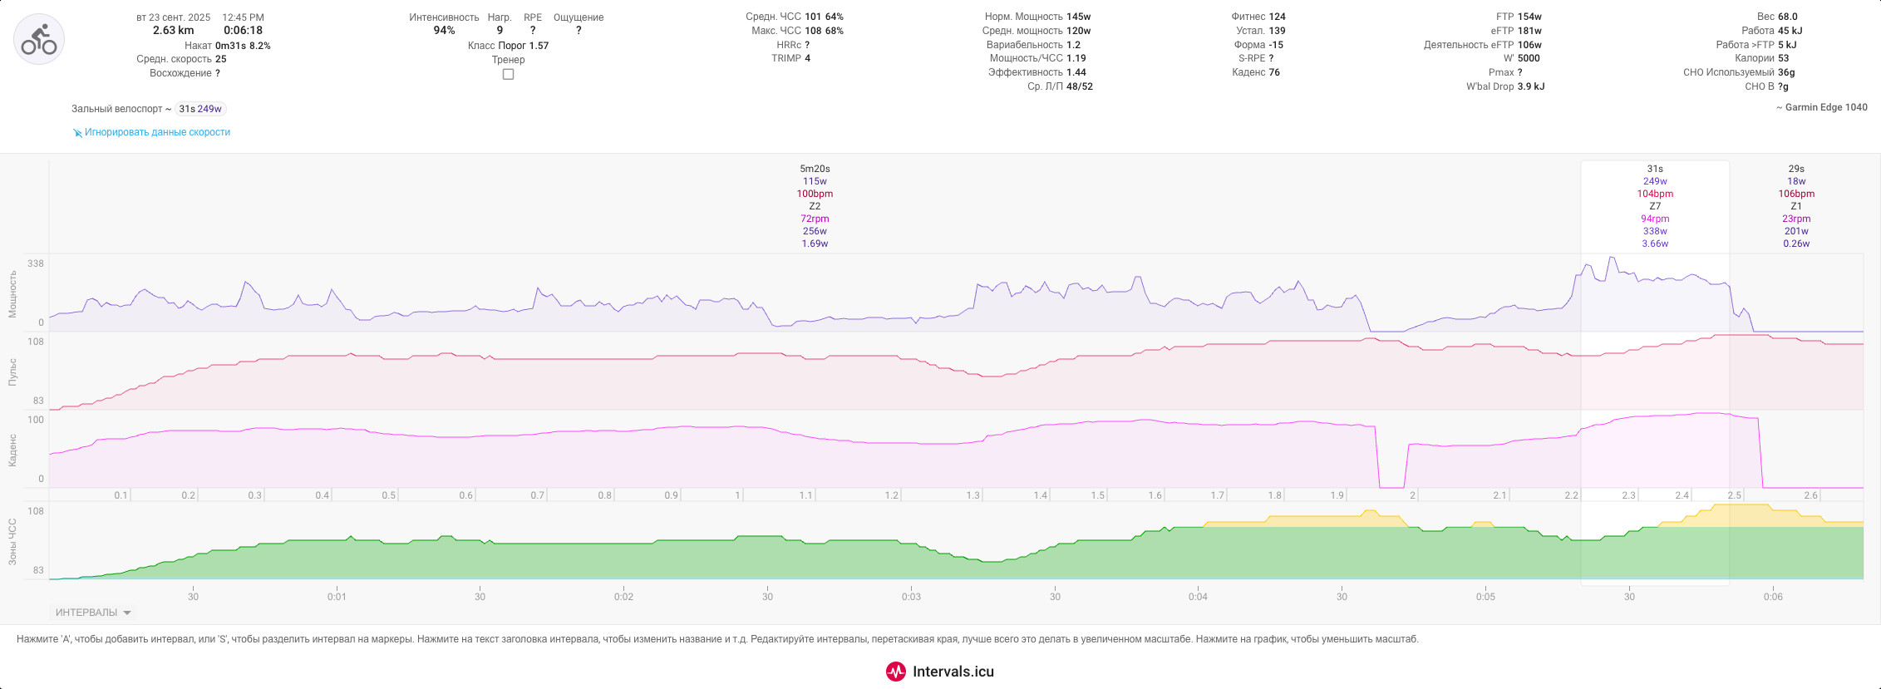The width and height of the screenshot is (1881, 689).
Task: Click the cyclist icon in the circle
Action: (x=39, y=39)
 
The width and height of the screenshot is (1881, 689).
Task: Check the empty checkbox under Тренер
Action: (x=508, y=74)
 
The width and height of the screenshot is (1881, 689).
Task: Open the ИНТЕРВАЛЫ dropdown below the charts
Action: (x=93, y=613)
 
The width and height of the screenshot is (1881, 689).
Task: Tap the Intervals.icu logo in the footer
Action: (x=940, y=672)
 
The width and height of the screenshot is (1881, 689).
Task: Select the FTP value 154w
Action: (x=1529, y=17)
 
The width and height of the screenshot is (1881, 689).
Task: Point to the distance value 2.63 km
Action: (x=173, y=31)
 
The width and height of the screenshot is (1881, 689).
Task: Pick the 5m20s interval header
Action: (x=815, y=169)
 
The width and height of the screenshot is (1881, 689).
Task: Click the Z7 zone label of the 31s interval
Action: (x=1655, y=206)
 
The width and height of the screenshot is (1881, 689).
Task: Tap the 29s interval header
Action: (x=1796, y=169)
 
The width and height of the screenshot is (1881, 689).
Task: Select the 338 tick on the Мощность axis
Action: (x=36, y=263)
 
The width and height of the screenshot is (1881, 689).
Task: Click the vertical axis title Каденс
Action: (x=12, y=450)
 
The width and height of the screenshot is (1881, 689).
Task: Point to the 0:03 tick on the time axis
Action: (x=911, y=597)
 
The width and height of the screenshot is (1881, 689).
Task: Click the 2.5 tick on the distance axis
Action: (x=1734, y=495)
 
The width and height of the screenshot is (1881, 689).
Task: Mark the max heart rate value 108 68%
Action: (x=824, y=31)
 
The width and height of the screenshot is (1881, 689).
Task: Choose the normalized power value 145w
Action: (x=1079, y=17)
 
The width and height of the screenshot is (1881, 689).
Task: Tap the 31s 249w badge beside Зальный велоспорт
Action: (x=200, y=109)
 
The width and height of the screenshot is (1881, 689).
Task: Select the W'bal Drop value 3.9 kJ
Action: (x=1531, y=86)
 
